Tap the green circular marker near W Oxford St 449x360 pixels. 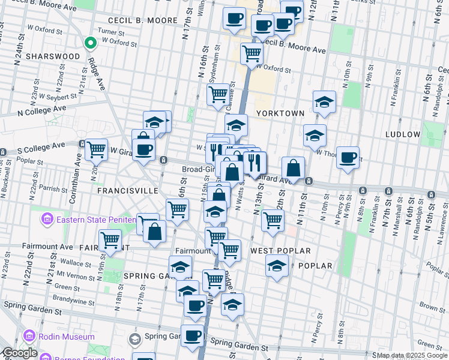tap(90, 43)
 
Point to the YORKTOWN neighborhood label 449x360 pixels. tap(280, 113)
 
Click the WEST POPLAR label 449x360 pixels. tap(280, 250)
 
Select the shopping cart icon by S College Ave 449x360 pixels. tap(96, 149)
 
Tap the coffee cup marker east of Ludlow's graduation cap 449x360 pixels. tap(348, 157)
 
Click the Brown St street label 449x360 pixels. tap(432, 307)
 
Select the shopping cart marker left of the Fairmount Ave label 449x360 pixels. tap(110, 239)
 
